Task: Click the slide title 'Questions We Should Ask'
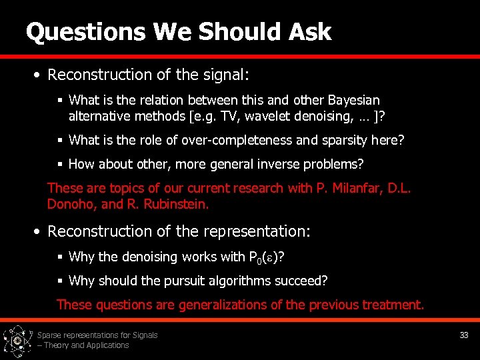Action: [178, 31]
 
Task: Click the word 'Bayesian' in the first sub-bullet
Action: [354, 101]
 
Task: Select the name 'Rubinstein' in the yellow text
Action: [175, 204]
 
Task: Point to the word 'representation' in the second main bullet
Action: [261, 231]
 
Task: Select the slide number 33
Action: [464, 335]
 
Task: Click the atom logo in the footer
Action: [17, 340]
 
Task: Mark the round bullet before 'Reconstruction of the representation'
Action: [39, 232]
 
